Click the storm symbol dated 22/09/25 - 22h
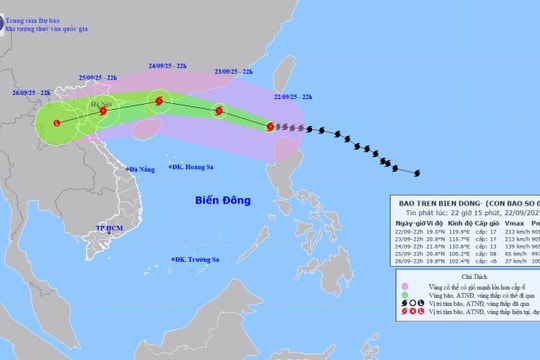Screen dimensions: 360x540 coord(270,126)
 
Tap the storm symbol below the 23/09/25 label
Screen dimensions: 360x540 coord(218,111)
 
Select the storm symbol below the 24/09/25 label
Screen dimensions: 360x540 coord(158,100)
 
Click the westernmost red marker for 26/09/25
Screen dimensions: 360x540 coord(56,123)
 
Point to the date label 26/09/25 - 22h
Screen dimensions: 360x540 coord(31,93)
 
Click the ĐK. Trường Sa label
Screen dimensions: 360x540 coord(195,262)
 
